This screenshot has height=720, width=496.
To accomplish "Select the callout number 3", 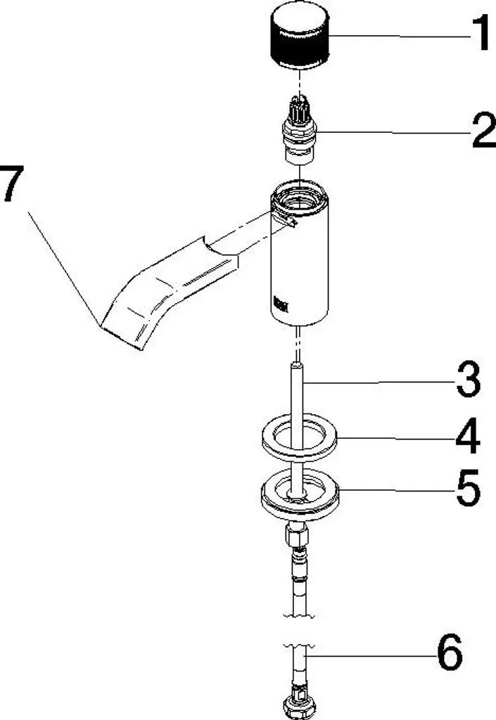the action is click(x=469, y=380).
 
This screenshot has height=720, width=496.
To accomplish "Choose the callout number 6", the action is click(x=450, y=652).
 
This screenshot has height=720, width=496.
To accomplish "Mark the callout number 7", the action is click(x=11, y=184).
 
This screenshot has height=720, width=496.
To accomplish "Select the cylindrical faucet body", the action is click(x=300, y=252).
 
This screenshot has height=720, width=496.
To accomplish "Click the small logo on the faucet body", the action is click(x=281, y=304).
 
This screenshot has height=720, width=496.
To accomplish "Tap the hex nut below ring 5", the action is click(x=297, y=535).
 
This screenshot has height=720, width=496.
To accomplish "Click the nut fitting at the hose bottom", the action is click(x=299, y=707).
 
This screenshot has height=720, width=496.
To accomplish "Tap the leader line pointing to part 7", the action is click(x=64, y=269).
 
